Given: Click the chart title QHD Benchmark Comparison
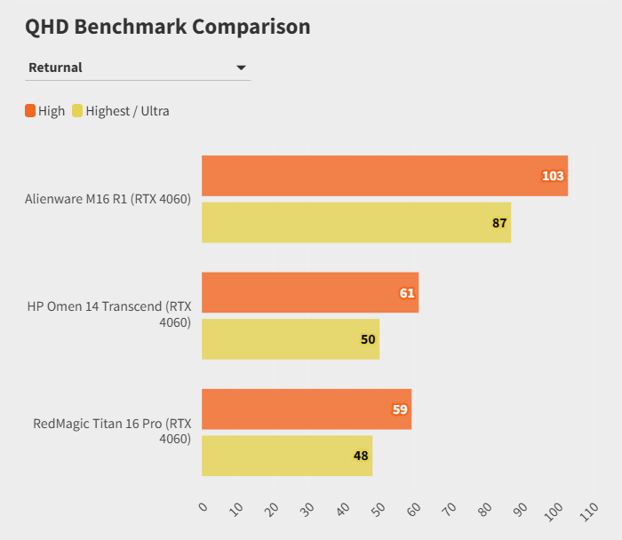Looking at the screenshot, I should [x=168, y=27].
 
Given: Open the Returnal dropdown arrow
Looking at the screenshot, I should [x=241, y=67].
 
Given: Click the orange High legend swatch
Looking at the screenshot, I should [x=30, y=111].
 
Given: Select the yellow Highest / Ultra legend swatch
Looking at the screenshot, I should [x=77, y=111].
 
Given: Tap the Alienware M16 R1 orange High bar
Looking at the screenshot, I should [x=384, y=176].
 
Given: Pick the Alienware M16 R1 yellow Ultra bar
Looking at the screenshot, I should [x=355, y=222].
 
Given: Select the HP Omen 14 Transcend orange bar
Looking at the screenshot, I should [x=309, y=292].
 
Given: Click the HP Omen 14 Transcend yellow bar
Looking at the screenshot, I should [x=290, y=339].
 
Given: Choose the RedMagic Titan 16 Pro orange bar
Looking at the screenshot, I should [x=306, y=409].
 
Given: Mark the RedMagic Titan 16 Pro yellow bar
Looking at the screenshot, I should [x=286, y=456].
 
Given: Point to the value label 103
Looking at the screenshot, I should [x=553, y=176].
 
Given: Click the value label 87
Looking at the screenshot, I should [x=499, y=223].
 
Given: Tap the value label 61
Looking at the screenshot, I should [x=407, y=293].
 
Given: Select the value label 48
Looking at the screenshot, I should [x=361, y=456].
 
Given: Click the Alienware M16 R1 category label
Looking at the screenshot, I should [x=108, y=199].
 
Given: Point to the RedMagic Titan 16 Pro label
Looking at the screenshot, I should [x=112, y=431].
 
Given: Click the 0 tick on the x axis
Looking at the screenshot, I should [x=203, y=507].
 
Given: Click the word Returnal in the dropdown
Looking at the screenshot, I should [x=55, y=67].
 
